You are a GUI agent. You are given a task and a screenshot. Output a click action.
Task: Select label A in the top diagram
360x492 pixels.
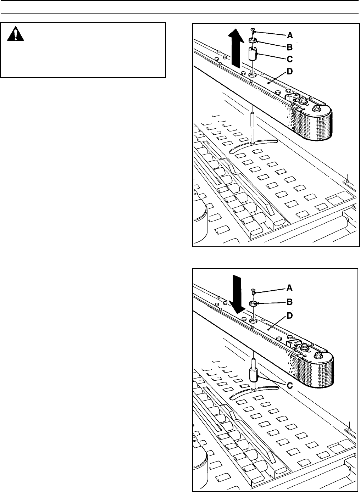click(x=290, y=35)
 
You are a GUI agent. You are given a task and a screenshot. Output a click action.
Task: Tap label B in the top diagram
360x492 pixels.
click(x=290, y=46)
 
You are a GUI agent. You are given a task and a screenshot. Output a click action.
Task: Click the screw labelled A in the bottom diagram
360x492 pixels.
click(x=253, y=291)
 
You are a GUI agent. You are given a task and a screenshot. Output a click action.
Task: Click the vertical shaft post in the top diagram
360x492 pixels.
click(x=252, y=128)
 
